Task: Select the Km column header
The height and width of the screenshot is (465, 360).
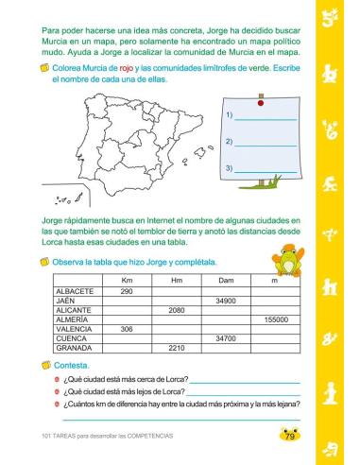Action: click(x=127, y=281)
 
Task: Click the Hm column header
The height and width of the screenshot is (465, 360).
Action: click(x=176, y=281)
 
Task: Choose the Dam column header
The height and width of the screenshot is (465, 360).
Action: click(x=225, y=281)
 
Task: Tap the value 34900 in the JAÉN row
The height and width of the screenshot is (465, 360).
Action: click(x=225, y=301)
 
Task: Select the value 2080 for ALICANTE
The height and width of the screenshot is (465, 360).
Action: click(x=176, y=310)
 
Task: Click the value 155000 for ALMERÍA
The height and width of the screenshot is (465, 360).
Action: click(x=276, y=319)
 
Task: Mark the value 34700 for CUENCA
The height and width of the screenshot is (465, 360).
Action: click(x=225, y=338)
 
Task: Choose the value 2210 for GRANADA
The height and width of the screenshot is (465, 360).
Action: click(x=176, y=348)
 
